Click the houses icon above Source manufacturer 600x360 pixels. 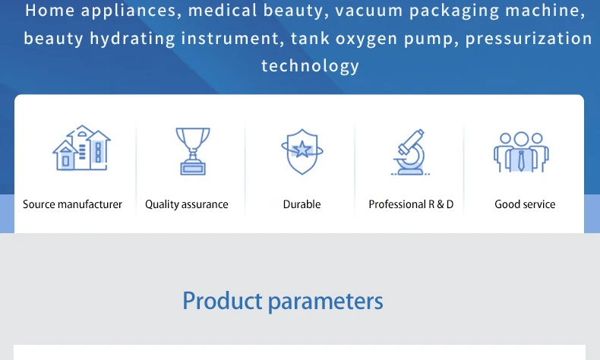pyautogui.click(x=81, y=147)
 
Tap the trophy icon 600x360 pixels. pyautogui.click(x=193, y=151)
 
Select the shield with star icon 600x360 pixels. pyautogui.click(x=302, y=151)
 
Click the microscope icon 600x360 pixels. pyautogui.click(x=411, y=152)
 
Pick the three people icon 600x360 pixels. pyautogui.click(x=521, y=152)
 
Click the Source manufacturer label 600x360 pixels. pyautogui.click(x=72, y=204)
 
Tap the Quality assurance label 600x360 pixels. pyautogui.click(x=187, y=204)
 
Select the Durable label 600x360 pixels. pyautogui.click(x=302, y=204)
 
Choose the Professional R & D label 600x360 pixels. pyautogui.click(x=411, y=204)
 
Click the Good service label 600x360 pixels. pyautogui.click(x=525, y=204)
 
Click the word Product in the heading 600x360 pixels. pyautogui.click(x=223, y=301)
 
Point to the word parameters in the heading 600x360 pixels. pyautogui.click(x=325, y=302)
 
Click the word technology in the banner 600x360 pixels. pyautogui.click(x=311, y=66)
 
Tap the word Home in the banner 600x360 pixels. pyautogui.click(x=49, y=11)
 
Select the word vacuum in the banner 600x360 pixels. pyautogui.click(x=369, y=11)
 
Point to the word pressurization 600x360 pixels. pyautogui.click(x=529, y=39)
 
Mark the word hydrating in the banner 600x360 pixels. pyautogui.click(x=132, y=39)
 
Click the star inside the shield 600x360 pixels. pyautogui.click(x=302, y=149)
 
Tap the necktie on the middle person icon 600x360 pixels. pyautogui.click(x=521, y=161)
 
